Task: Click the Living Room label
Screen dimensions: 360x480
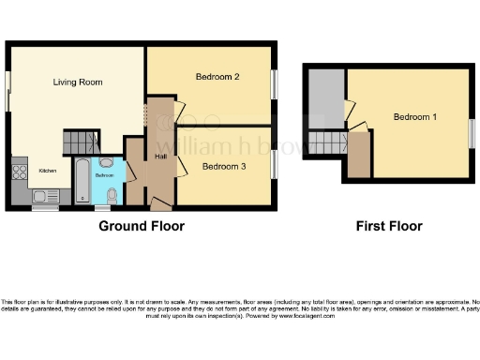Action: (78, 82)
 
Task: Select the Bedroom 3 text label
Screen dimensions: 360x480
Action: (225, 166)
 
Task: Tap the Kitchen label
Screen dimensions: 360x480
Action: (47, 171)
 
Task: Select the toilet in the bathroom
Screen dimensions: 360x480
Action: (112, 195)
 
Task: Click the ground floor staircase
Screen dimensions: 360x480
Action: (81, 142)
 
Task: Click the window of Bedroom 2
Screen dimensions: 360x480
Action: (275, 83)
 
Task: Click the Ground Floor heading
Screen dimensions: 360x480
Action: (142, 226)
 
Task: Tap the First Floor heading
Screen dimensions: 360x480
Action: (389, 226)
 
